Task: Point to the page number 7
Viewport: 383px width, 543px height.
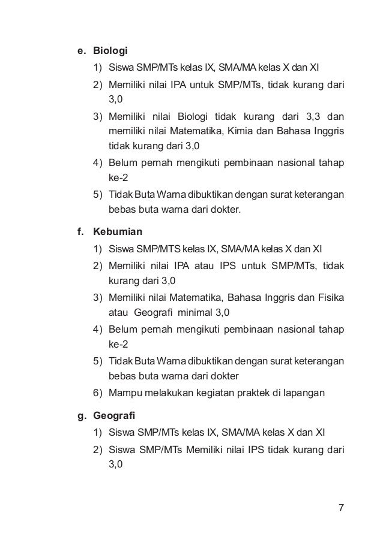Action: coord(341,509)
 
